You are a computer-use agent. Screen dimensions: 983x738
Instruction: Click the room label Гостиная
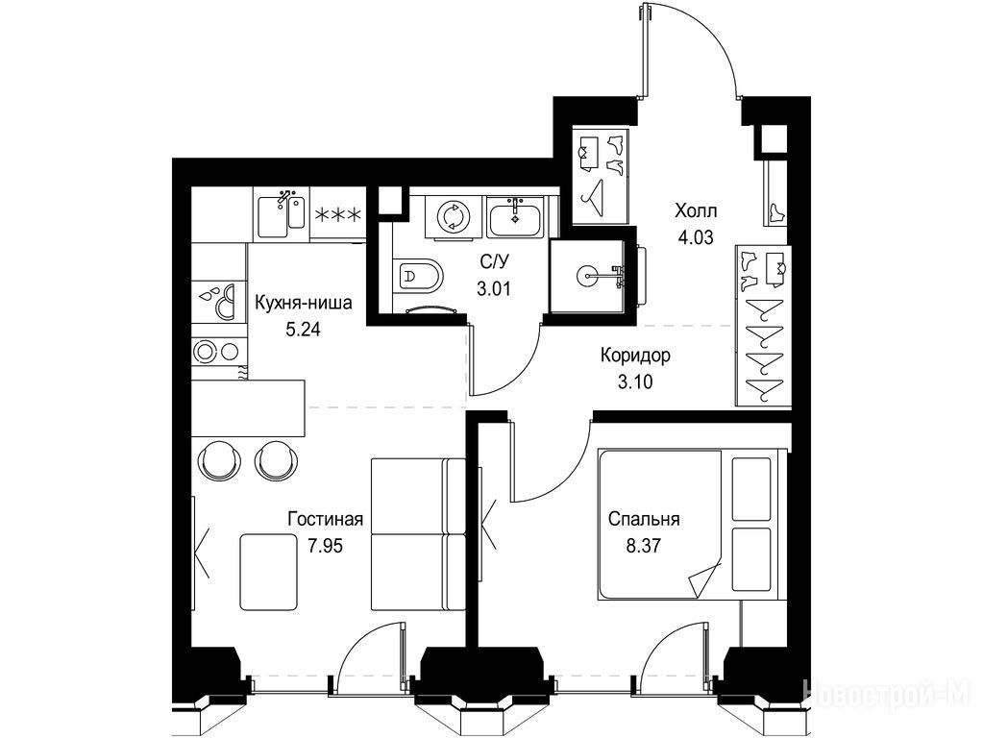pyautogui.click(x=326, y=519)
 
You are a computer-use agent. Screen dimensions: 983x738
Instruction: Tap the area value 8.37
pyautogui.click(x=643, y=546)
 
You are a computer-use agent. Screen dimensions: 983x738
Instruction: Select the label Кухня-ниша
pyautogui.click(x=304, y=304)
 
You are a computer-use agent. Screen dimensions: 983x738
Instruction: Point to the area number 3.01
pyautogui.click(x=493, y=289)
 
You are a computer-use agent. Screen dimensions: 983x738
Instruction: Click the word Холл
pyautogui.click(x=696, y=210)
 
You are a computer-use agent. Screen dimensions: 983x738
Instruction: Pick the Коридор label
pyautogui.click(x=635, y=355)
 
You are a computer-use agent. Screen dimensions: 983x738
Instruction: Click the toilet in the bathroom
pyautogui.click(x=419, y=275)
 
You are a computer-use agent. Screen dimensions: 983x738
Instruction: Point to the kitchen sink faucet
pyautogui.click(x=285, y=196)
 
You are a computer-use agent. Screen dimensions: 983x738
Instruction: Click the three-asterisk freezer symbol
pyautogui.click(x=337, y=215)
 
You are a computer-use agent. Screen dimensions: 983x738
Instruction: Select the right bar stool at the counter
pyautogui.click(x=275, y=459)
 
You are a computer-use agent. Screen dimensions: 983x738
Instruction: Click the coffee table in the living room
pyautogui.click(x=268, y=571)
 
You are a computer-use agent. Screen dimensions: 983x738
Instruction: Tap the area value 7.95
pyautogui.click(x=326, y=546)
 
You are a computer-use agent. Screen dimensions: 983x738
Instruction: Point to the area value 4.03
pyautogui.click(x=696, y=237)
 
